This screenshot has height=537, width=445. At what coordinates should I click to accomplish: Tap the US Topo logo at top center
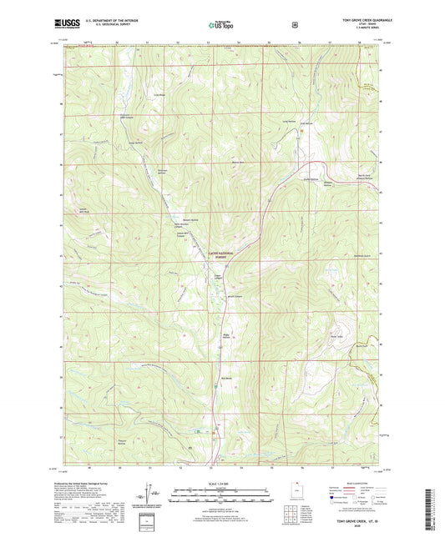point(221,25)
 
